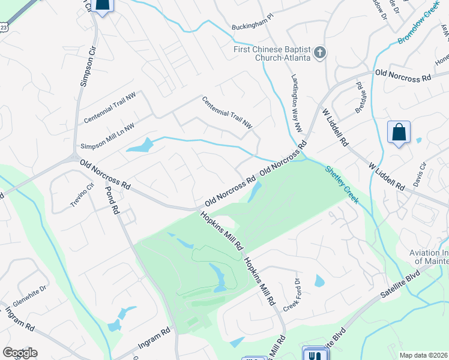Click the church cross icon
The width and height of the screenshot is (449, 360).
tap(319, 53)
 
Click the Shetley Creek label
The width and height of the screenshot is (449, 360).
tap(342, 185)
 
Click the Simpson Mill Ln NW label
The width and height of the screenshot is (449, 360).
tap(108, 138)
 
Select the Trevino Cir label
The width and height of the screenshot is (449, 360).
tap(83, 196)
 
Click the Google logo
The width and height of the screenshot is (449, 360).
tap(20, 353)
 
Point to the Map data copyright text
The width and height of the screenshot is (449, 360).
tap(423, 355)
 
